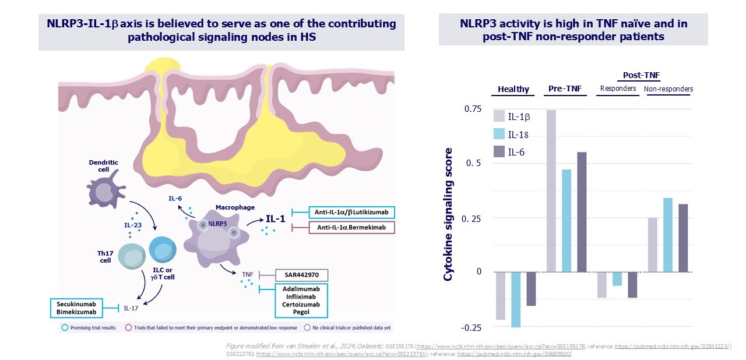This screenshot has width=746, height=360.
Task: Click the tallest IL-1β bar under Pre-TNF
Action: tap(551, 191)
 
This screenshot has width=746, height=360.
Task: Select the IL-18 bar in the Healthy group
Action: tap(516, 299)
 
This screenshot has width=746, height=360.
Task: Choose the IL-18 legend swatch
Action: tap(499, 134)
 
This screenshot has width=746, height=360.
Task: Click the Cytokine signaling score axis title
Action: tap(448, 214)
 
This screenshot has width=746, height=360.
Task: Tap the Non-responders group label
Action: tap(668, 89)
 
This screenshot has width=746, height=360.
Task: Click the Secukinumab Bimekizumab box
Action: tap(76, 308)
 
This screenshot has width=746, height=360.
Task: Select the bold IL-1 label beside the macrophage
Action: tap(275, 219)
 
